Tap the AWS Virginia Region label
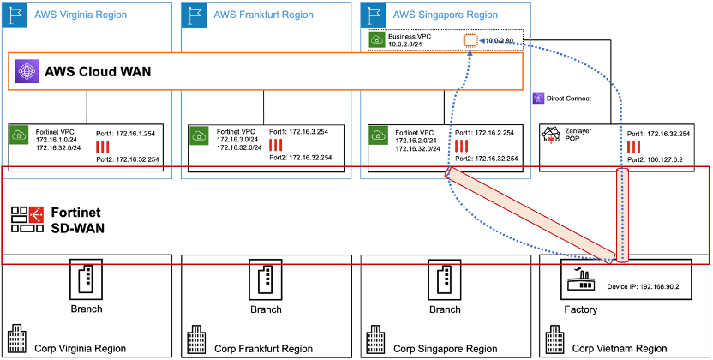(x=81, y=15)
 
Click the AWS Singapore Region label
(x=444, y=15)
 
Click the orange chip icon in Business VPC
(x=470, y=40)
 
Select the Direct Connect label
(x=568, y=99)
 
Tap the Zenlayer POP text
(x=579, y=136)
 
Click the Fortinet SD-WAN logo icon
(x=27, y=219)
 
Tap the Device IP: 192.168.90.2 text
(x=643, y=288)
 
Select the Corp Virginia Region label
(x=80, y=348)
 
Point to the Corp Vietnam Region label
(x=620, y=348)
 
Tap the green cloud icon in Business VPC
(x=378, y=39)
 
